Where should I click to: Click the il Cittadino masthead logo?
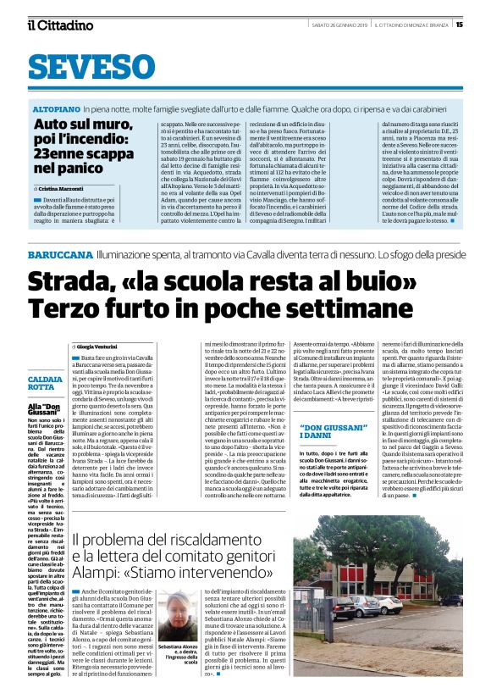(60, 25)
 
